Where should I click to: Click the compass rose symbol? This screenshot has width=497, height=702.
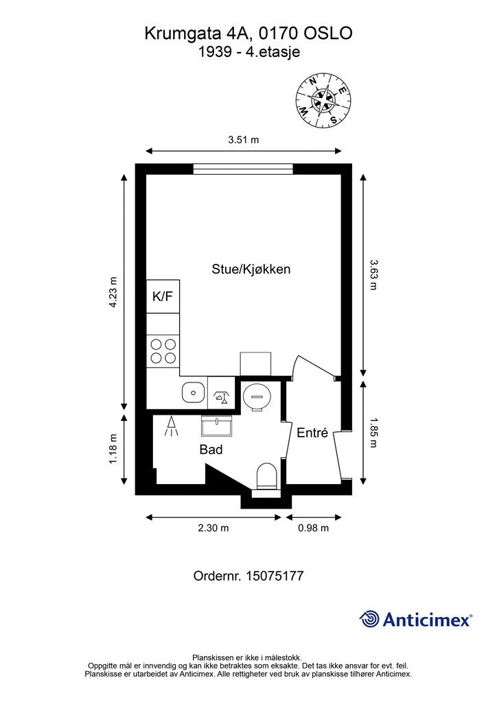[323, 101]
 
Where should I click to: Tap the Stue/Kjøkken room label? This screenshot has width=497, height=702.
[251, 269]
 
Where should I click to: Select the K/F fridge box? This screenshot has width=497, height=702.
[163, 296]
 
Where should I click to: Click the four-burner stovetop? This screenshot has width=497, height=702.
[163, 351]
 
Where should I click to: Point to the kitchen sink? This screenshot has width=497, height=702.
[194, 392]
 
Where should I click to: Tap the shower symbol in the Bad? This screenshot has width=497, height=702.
[171, 426]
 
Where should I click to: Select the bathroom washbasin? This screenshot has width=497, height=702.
[216, 426]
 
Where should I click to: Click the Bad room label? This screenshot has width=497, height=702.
[211, 450]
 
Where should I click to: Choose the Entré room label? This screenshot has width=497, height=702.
[313, 433]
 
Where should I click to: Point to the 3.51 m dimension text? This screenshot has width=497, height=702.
[243, 140]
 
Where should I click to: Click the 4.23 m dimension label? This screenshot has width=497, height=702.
[113, 292]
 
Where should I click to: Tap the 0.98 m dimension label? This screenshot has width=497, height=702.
[313, 529]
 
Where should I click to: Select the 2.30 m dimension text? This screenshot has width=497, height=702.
[213, 529]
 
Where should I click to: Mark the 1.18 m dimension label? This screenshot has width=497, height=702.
[113, 449]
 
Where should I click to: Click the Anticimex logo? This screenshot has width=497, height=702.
[415, 619]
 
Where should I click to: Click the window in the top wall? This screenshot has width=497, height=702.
[243, 169]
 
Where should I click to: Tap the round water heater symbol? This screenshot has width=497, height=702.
[256, 396]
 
